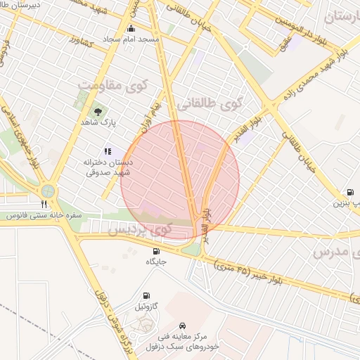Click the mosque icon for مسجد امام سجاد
[x=131, y=29]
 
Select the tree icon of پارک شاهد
[x=98, y=111]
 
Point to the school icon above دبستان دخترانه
[x=108, y=150]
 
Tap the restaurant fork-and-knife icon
[x=45, y=204]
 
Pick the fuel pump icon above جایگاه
[x=155, y=251]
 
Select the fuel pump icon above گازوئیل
[x=146, y=296]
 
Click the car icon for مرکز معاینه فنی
[x=183, y=326]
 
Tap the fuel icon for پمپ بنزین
[x=349, y=193]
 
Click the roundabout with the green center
[x=47, y=190]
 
